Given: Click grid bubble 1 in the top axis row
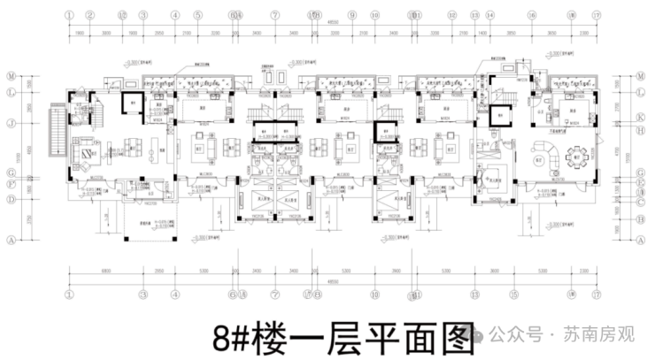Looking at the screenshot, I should [x=69, y=15].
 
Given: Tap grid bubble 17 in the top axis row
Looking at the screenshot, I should [x=597, y=15].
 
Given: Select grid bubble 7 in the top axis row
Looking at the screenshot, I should [x=275, y=15].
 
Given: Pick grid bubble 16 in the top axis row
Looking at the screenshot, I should [x=532, y=15].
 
